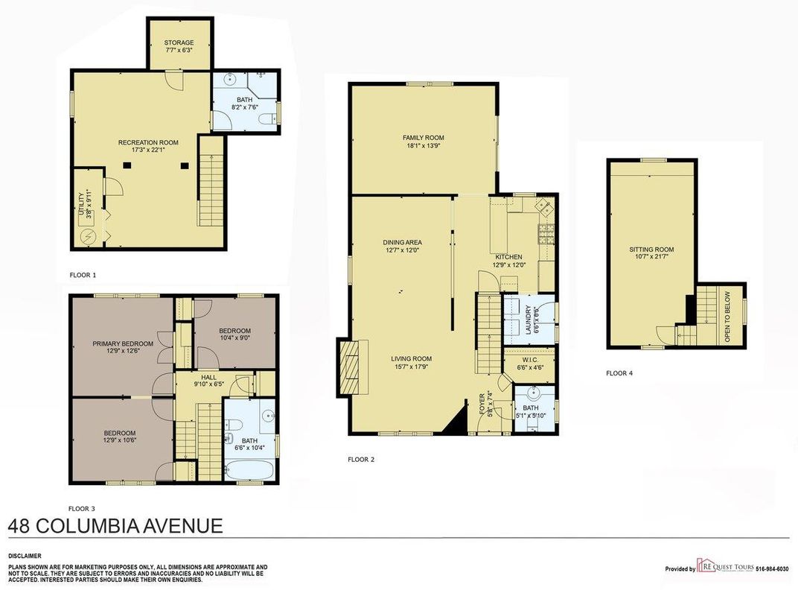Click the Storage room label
(x=179, y=42)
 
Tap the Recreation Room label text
(x=148, y=142)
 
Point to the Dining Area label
(x=403, y=242)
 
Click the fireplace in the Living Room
(x=353, y=367)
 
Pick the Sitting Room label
(x=651, y=250)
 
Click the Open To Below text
(x=727, y=316)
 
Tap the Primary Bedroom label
(x=123, y=343)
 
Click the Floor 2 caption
(x=361, y=460)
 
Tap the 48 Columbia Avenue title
(x=115, y=525)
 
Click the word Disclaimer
(x=24, y=556)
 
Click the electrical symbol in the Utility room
(x=89, y=237)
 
